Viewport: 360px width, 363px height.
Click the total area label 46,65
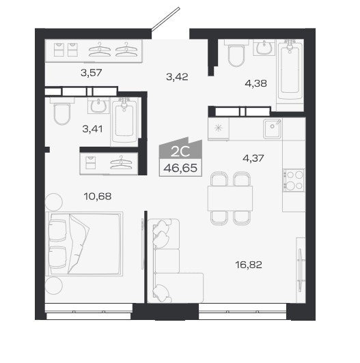coord(180,168)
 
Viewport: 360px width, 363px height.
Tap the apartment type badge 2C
coord(180,151)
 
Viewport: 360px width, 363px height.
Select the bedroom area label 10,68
coord(98,197)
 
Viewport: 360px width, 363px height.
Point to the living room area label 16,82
coord(249,265)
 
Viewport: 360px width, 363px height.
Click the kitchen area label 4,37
coord(253,158)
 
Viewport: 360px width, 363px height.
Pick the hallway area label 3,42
coord(177,76)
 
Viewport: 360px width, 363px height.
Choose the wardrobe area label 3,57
coord(92,73)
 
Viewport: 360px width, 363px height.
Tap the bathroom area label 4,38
coord(256,83)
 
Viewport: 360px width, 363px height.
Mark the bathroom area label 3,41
coord(92,129)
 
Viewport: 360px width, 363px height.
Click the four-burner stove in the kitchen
coord(294,180)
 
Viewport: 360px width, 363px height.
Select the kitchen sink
coord(273,128)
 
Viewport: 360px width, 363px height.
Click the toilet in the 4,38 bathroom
coord(236,54)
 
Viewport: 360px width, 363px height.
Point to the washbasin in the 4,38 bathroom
coord(264,48)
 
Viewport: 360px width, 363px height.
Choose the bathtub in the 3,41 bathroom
coord(124,121)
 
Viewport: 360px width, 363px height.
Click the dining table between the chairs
coord(230,199)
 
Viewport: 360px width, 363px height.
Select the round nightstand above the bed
coord(54,202)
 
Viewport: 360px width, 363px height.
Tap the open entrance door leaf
coord(165,18)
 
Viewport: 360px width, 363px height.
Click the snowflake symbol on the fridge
coord(219,128)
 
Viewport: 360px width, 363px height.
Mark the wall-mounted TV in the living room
coord(300,270)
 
